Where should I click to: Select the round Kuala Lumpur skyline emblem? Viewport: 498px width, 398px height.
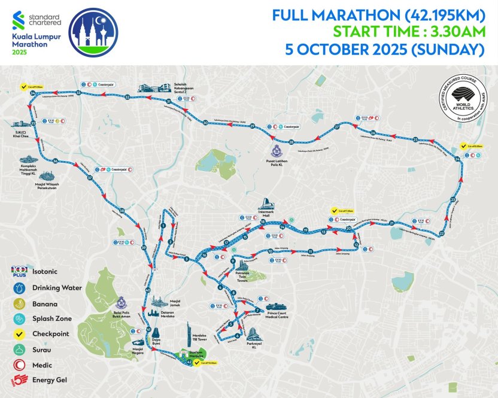click(x=93, y=32)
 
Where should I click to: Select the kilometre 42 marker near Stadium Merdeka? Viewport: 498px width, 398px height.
click(x=190, y=362)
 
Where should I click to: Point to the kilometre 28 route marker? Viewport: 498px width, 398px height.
click(x=291, y=142)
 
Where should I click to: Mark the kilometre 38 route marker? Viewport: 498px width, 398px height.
click(x=122, y=211)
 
